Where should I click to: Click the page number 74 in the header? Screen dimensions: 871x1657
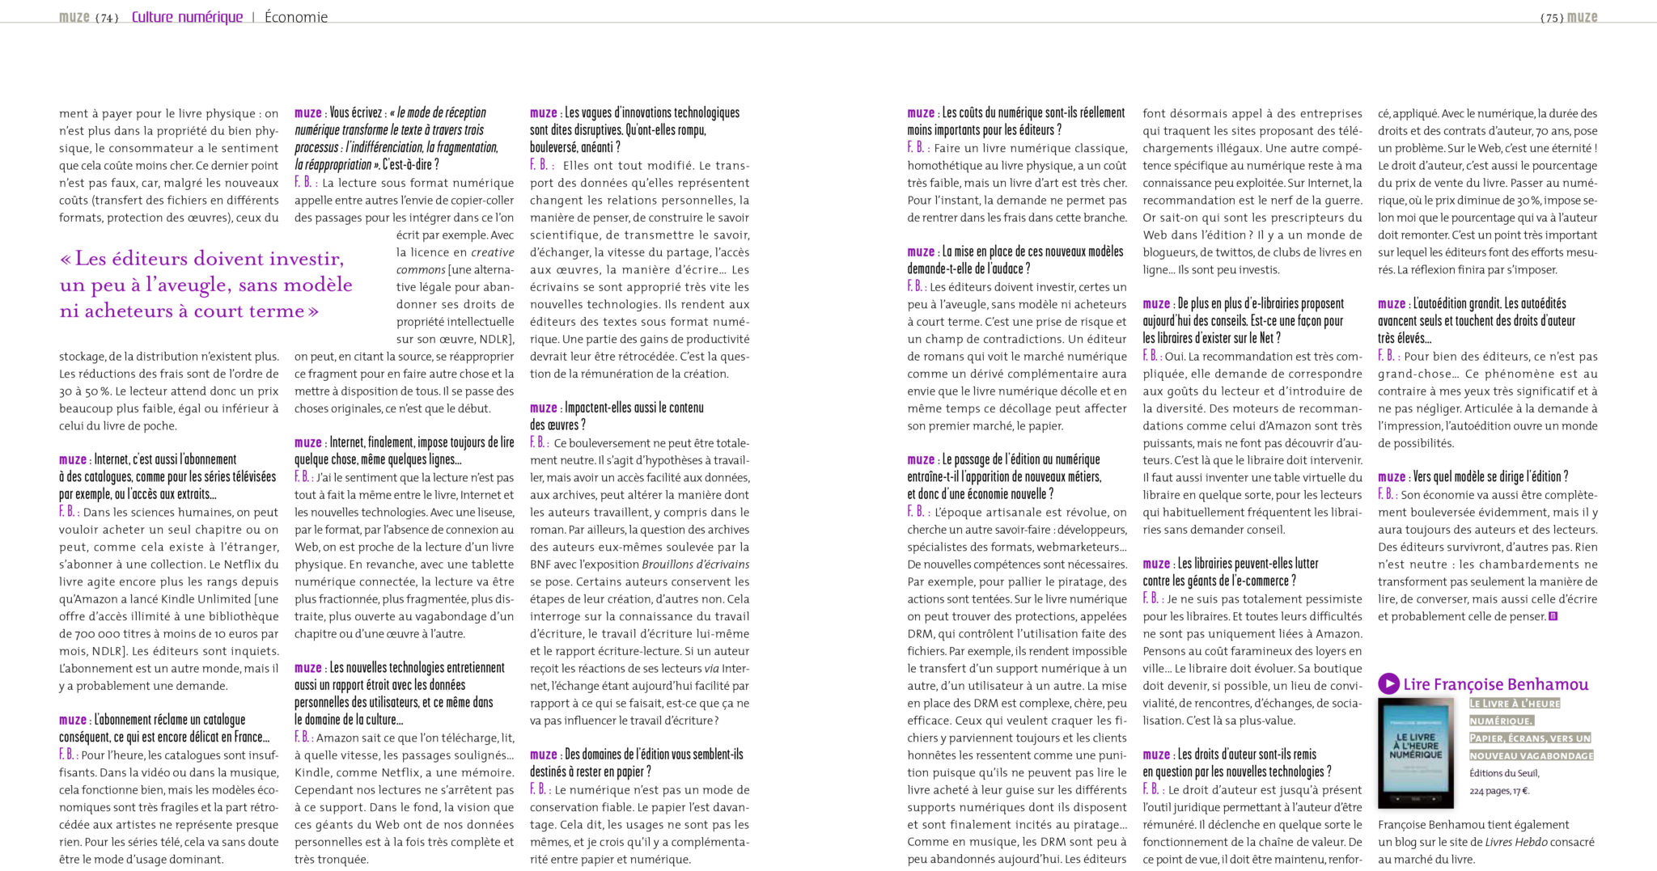(x=107, y=18)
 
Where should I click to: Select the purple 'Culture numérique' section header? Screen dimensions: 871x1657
(x=187, y=17)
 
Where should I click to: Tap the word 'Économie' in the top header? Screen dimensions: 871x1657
(x=296, y=17)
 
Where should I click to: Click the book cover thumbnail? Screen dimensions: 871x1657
(x=1415, y=753)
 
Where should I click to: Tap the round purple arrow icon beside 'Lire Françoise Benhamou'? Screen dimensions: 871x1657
(x=1388, y=684)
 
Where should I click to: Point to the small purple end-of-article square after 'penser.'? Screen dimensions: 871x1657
(x=1553, y=617)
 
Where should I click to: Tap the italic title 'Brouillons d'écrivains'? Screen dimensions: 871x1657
(x=696, y=564)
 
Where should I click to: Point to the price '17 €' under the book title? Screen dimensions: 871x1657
(x=1521, y=791)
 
